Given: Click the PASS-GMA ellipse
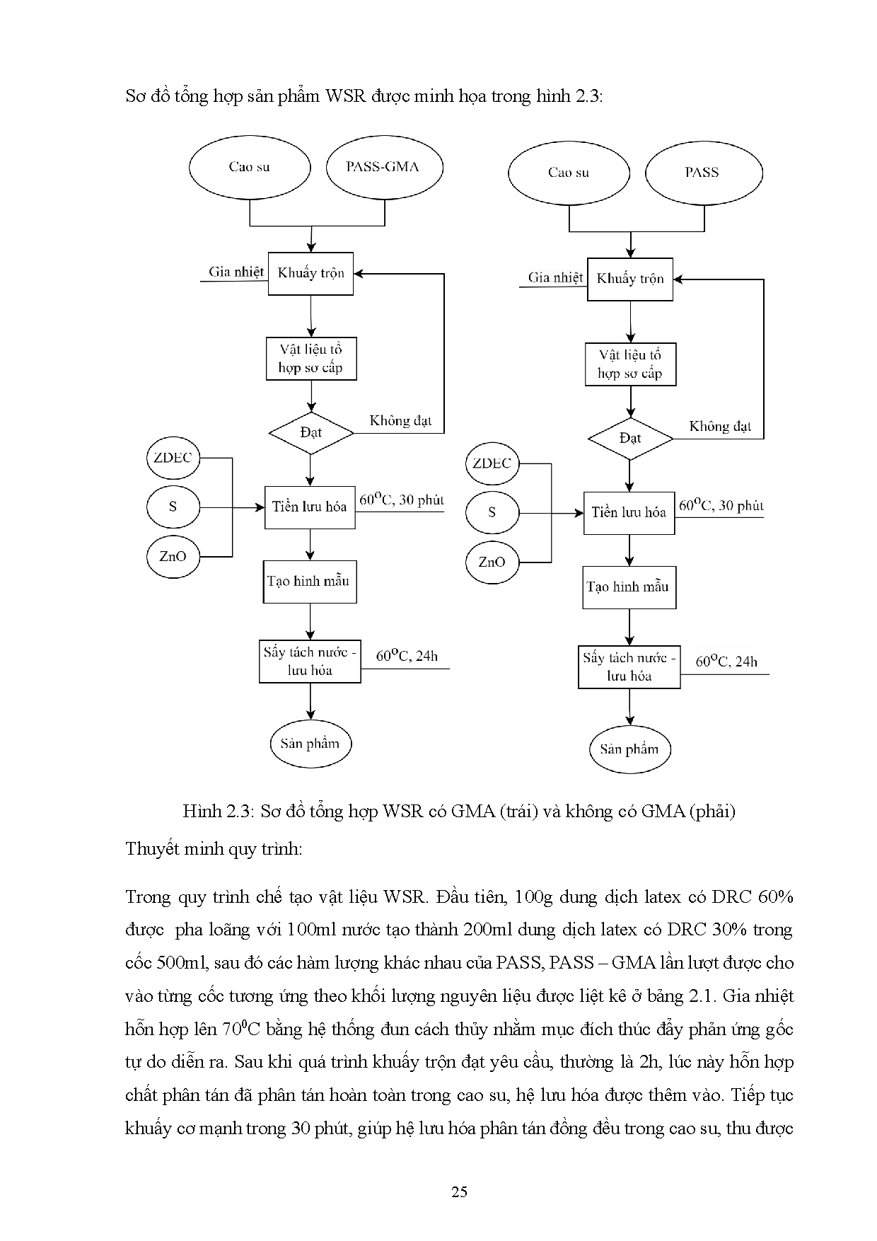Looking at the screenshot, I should tap(384, 168).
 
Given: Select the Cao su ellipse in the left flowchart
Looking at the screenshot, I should tap(250, 168).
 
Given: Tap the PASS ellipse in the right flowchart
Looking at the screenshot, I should tap(703, 173).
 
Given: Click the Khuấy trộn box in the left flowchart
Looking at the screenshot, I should tap(310, 273).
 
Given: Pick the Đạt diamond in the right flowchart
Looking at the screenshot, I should tap(630, 439).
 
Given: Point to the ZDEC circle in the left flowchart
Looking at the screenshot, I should tap(173, 458).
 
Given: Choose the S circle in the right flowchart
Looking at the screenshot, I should tap(492, 512).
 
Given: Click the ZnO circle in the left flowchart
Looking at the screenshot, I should tap(173, 556).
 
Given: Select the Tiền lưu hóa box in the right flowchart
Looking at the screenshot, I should tap(629, 512).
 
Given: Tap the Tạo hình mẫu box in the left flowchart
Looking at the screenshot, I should tap(310, 582).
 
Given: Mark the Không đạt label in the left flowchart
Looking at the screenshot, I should tap(400, 421).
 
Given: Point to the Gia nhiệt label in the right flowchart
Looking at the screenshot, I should tap(556, 277).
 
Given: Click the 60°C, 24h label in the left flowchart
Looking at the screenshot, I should tap(407, 657).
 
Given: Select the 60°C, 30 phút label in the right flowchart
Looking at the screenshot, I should tap(721, 505).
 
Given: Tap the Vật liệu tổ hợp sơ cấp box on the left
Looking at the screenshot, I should tap(310, 359).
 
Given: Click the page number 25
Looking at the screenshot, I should tap(459, 1191).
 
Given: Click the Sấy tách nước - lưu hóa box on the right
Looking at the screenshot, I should tap(629, 667).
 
